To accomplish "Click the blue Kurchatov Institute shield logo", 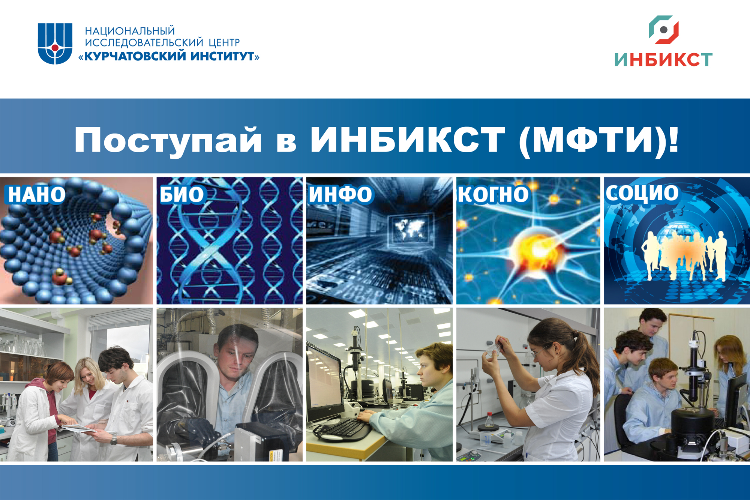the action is [55, 44].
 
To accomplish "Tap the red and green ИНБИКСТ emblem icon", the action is [663, 30].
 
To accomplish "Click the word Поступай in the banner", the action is [168, 141].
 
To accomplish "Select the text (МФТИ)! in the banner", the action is [599, 140].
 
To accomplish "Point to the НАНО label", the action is [37, 195].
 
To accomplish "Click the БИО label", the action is [182, 195].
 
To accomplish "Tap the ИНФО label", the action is [340, 194].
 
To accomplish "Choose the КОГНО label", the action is [493, 194].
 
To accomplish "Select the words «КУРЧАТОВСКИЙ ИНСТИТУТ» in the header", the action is [169, 56].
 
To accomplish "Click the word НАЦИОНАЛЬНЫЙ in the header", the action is [130, 30].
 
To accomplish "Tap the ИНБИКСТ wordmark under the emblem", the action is [663, 59].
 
